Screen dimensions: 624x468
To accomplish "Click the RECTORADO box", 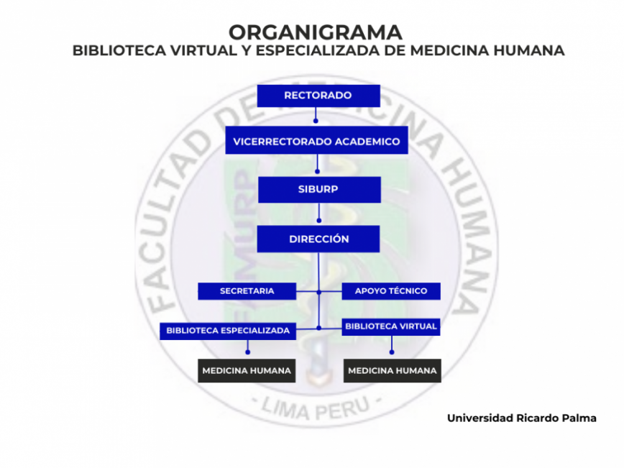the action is click(x=318, y=96).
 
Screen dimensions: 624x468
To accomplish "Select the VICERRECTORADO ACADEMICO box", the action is click(x=317, y=140).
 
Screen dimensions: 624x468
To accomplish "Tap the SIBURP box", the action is click(x=319, y=190).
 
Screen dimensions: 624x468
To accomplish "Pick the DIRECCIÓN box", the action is click(x=318, y=239).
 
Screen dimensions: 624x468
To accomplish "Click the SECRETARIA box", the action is click(x=247, y=291).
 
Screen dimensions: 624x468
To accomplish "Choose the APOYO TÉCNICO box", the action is click(x=391, y=291).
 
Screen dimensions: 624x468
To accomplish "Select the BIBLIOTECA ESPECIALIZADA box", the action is click(x=228, y=331).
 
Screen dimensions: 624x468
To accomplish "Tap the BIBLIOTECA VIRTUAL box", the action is click(x=391, y=326).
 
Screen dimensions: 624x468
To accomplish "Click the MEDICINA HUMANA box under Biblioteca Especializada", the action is click(x=247, y=371).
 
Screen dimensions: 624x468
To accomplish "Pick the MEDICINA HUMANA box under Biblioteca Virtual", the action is click(x=393, y=371).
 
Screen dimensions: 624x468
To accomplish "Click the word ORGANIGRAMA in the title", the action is click(x=315, y=32).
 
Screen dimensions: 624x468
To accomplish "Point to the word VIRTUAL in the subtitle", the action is click(x=203, y=50).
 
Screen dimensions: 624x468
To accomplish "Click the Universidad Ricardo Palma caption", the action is click(x=522, y=418).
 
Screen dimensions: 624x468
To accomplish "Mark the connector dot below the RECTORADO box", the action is click(x=316, y=121).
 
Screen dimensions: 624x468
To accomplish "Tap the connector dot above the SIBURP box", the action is click(x=317, y=172).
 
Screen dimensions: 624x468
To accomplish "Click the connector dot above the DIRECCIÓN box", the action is click(x=318, y=221).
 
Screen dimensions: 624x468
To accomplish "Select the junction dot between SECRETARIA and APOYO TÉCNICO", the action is click(x=318, y=292).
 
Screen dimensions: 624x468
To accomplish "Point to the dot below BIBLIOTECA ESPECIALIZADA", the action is click(x=247, y=352).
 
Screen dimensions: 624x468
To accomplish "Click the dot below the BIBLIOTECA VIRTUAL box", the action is click(x=392, y=352).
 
